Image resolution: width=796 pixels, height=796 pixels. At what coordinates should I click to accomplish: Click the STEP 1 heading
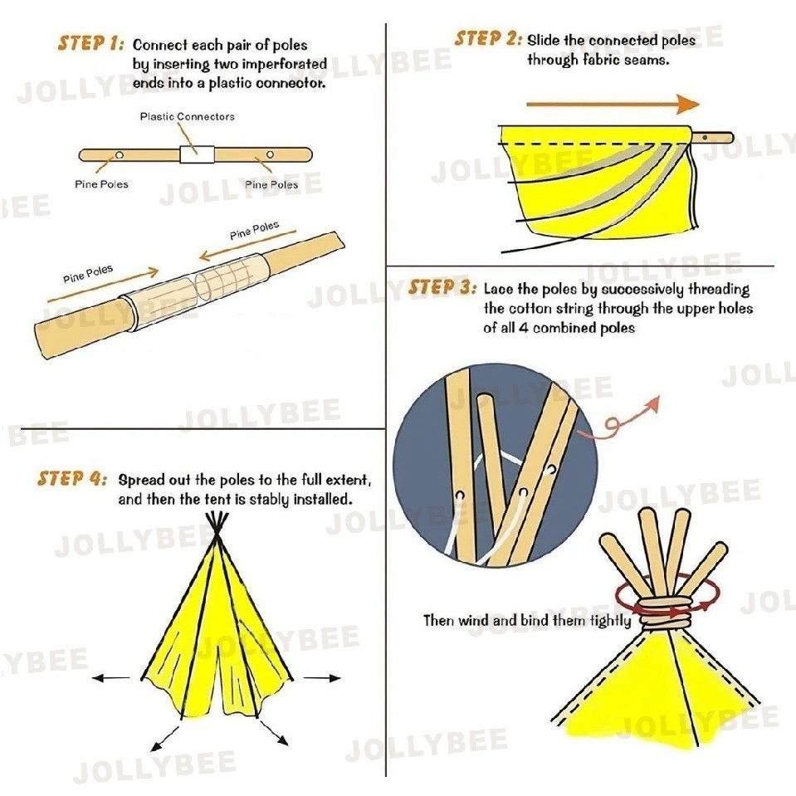(90, 43)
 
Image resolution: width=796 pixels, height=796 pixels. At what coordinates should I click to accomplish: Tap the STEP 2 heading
(487, 38)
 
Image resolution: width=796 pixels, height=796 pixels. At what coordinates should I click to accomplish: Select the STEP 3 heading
(442, 287)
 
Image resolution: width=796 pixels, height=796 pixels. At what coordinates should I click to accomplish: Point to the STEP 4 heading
(72, 479)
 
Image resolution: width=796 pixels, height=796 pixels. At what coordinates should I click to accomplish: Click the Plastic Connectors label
(188, 117)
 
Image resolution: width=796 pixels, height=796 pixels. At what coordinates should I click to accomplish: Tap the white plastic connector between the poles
(197, 154)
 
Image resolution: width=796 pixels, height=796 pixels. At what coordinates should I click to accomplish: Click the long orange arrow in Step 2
(613, 104)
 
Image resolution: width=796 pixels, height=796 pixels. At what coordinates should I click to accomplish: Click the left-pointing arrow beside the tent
(111, 677)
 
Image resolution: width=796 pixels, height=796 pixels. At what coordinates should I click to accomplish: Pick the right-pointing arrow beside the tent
(322, 677)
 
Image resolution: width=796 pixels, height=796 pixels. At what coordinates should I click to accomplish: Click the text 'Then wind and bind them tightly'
(527, 620)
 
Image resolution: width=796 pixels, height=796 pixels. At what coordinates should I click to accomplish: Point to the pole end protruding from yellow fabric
(712, 138)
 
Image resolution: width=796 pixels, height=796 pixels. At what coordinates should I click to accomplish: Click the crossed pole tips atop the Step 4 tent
(217, 527)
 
